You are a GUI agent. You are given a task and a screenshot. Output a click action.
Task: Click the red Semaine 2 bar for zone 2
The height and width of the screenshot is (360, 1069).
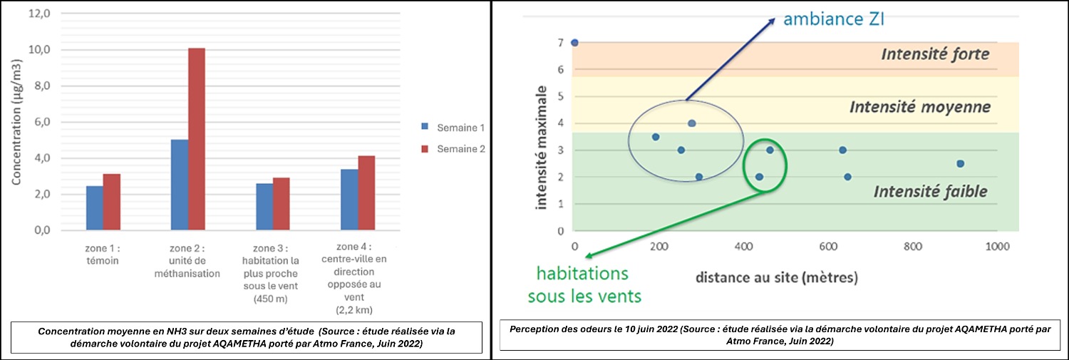(196, 140)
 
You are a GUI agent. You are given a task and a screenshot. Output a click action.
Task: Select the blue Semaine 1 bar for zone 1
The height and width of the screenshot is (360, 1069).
(94, 208)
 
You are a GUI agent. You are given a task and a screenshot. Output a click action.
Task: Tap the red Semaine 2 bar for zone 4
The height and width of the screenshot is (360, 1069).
(366, 193)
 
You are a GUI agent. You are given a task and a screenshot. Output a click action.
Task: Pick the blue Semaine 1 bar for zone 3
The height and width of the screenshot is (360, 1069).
(264, 207)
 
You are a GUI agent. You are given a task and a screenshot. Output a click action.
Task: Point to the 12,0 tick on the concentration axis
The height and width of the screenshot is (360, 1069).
(39, 14)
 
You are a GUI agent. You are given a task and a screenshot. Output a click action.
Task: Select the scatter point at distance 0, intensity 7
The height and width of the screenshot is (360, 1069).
(574, 43)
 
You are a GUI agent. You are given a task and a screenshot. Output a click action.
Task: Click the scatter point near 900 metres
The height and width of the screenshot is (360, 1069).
(960, 163)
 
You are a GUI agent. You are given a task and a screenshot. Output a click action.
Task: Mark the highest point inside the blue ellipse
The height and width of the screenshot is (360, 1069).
(691, 123)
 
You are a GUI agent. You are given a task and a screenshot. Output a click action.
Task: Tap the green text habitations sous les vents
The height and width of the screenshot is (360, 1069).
(582, 284)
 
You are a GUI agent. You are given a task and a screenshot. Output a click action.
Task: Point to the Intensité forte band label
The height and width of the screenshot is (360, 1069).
(935, 54)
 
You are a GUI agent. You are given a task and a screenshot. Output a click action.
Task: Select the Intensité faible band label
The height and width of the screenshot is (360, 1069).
(930, 191)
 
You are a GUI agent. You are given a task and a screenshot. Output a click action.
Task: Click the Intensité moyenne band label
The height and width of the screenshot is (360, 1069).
(919, 107)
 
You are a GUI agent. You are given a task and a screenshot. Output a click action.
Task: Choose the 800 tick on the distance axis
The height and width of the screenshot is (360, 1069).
(912, 247)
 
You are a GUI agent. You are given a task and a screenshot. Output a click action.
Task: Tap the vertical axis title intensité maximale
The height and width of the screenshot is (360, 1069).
(544, 148)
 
